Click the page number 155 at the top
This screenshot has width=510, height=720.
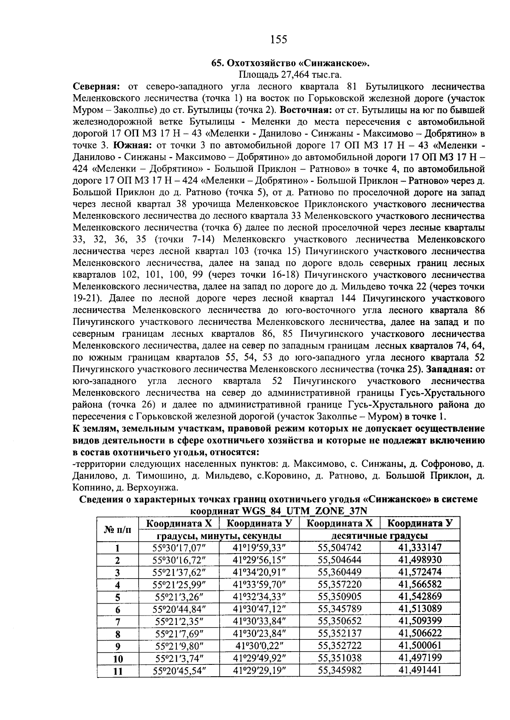[x=279, y=39]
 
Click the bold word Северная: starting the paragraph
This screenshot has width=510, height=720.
[x=96, y=87]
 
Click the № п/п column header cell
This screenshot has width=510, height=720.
[x=118, y=529]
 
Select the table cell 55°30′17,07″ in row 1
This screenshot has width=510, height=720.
[x=178, y=548]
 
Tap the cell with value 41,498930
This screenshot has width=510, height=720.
[x=419, y=560]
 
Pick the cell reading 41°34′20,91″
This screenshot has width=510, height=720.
[x=259, y=572]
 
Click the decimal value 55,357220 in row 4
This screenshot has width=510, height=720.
[x=340, y=584]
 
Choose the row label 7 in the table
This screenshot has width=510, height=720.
[x=118, y=622]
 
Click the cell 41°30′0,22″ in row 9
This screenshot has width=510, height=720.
[x=259, y=646]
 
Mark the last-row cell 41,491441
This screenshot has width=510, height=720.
[x=419, y=670]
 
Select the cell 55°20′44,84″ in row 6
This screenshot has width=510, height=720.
[x=178, y=609]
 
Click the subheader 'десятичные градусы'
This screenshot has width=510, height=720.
[x=380, y=535]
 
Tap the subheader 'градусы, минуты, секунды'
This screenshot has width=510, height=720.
[x=219, y=535]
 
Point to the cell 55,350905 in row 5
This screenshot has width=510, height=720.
[x=340, y=596]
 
